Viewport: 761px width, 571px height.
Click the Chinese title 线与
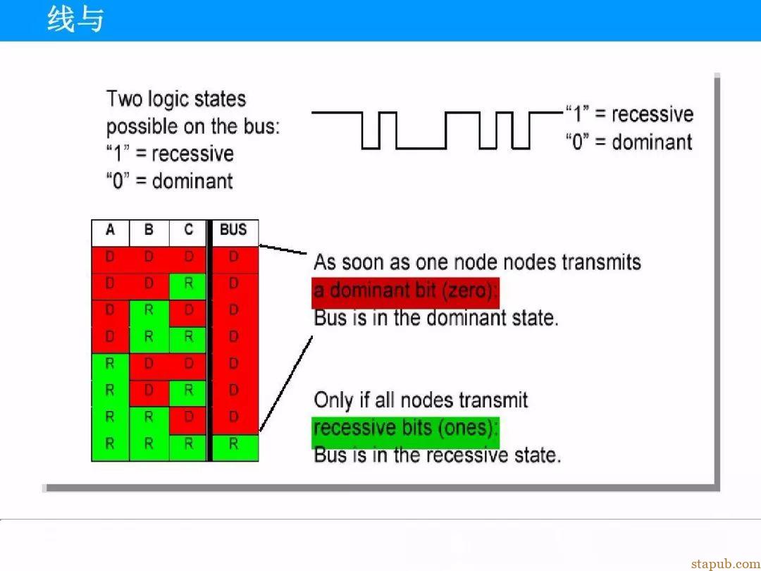click(75, 20)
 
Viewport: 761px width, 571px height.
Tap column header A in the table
click(110, 233)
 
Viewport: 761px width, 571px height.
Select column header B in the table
click(149, 233)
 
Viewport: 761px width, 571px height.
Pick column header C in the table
click(188, 233)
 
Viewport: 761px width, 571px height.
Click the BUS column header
click(233, 233)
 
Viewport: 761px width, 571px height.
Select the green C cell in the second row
click(188, 286)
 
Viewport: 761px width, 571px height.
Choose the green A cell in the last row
click(110, 448)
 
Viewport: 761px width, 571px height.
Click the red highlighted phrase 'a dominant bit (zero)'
click(405, 291)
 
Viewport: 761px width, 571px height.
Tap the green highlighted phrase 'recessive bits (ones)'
click(405, 429)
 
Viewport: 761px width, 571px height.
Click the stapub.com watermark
click(726, 564)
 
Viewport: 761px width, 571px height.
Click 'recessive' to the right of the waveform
click(652, 115)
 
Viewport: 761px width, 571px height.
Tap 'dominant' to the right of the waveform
click(652, 142)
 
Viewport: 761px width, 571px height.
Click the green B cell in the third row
click(149, 313)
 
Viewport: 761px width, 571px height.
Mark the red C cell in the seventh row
click(188, 420)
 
